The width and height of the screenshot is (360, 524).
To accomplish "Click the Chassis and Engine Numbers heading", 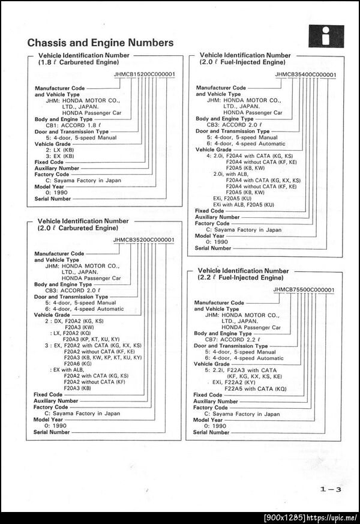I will click(100, 43).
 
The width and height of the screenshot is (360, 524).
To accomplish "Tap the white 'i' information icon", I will click(326, 37).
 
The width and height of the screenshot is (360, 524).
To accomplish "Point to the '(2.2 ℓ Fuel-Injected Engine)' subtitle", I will click(240, 279).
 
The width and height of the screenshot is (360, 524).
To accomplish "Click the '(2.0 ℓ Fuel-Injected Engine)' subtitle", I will click(241, 62).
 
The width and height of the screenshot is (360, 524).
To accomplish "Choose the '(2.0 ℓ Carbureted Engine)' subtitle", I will click(78, 229).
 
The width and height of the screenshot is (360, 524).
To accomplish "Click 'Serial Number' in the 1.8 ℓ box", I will click(52, 199).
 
